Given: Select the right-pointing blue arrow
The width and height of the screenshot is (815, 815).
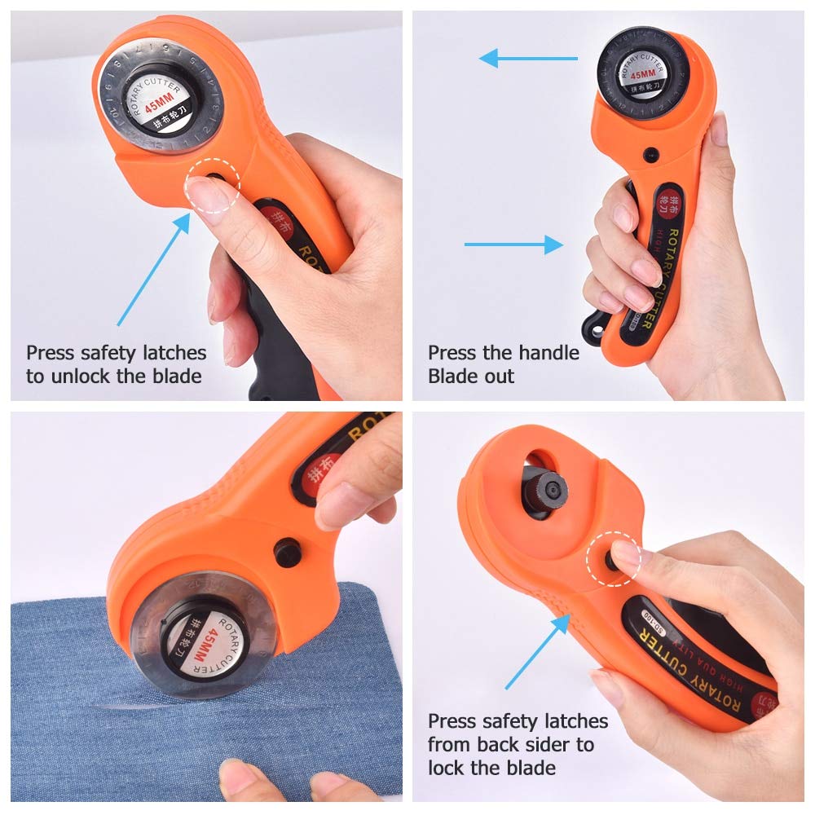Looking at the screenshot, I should pyautogui.click(x=514, y=244).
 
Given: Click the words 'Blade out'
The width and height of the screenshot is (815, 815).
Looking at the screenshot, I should pyautogui.click(x=471, y=377).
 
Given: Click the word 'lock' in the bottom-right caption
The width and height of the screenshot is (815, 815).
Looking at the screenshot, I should pyautogui.click(x=449, y=768).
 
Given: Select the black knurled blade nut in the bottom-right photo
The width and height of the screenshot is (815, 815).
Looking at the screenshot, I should pyautogui.click(x=544, y=490).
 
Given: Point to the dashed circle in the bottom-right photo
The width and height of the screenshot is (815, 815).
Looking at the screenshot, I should pyautogui.click(x=613, y=560).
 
